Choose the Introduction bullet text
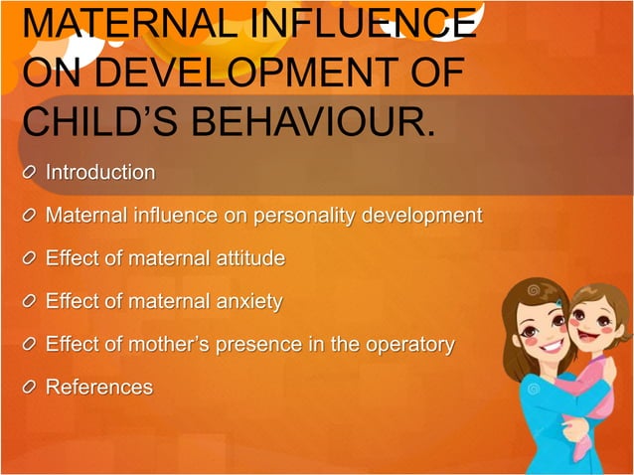point(100,173)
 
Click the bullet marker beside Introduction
point(31,173)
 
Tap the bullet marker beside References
point(31,389)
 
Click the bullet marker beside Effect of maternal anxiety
point(31,302)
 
